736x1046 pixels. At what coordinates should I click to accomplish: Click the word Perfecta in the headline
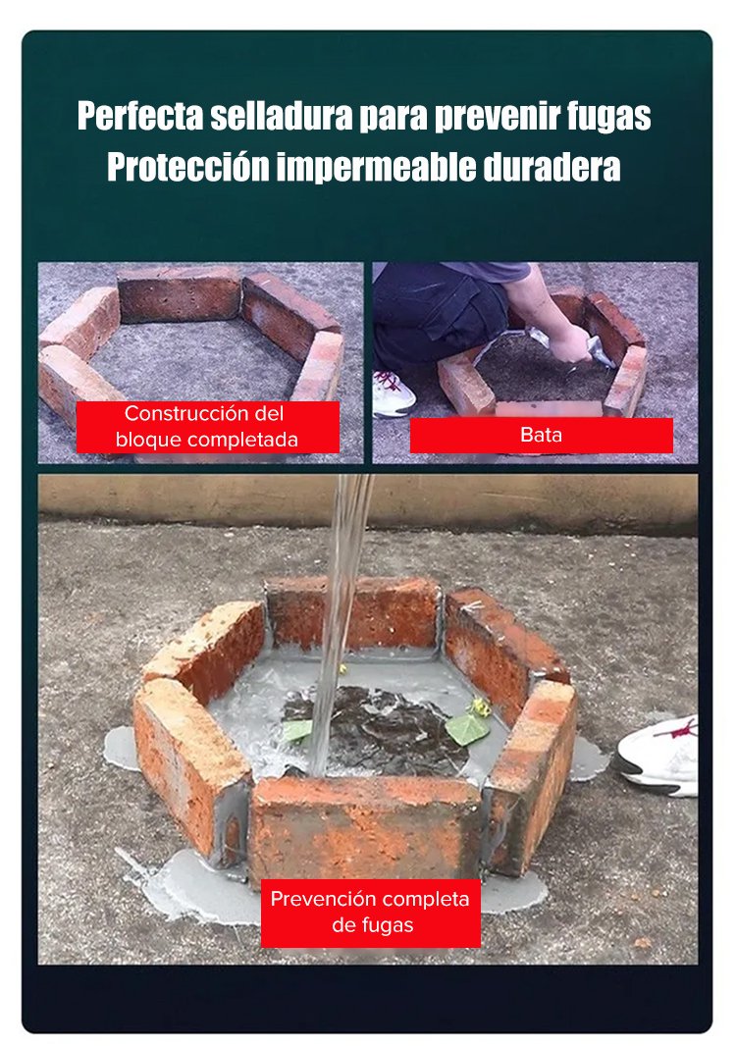point(140,116)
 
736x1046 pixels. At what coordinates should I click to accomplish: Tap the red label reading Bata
point(541,435)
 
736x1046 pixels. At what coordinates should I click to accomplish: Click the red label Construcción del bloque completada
point(207,427)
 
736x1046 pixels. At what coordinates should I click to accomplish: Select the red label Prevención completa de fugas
point(370,912)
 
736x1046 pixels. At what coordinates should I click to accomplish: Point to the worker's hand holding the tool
point(570,343)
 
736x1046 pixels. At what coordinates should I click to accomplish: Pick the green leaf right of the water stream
point(468,729)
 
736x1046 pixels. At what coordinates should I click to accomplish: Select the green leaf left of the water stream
point(297,730)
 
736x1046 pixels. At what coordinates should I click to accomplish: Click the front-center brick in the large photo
point(366,828)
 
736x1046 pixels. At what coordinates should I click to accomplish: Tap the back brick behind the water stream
point(353,613)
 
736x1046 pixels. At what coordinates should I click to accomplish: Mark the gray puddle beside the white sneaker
point(589,758)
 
